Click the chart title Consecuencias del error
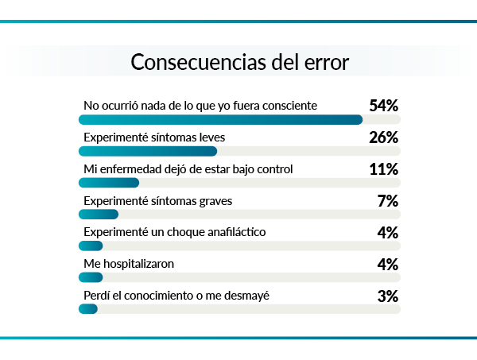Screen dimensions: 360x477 point(239,62)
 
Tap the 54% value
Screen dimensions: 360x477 point(383,106)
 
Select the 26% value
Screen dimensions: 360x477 point(383,137)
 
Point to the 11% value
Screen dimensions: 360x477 point(383,169)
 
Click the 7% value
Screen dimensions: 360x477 point(387,201)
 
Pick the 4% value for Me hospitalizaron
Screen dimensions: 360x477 point(387,264)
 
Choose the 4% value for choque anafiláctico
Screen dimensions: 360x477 point(387,232)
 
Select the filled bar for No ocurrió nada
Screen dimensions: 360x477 point(220,120)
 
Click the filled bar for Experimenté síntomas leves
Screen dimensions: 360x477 point(148,151)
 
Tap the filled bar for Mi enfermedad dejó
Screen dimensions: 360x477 point(109,183)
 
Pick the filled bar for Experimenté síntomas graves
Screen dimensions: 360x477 point(99,214)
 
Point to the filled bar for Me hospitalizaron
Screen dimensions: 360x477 point(91,277)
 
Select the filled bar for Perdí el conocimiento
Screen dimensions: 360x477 point(88,309)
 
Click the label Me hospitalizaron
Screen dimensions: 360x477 point(129,263)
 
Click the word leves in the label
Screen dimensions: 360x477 point(210,137)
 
